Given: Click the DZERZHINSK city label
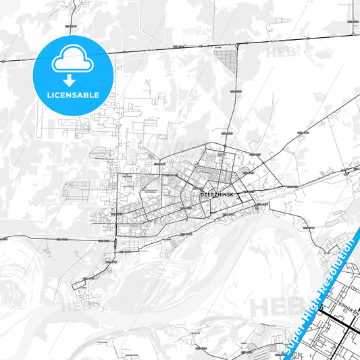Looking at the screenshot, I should pyautogui.click(x=217, y=194).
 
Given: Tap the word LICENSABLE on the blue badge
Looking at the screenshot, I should pyautogui.click(x=72, y=95).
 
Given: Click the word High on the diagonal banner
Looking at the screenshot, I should pyautogui.click(x=311, y=309).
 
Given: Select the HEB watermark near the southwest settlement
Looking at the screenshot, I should pyautogui.click(x=76, y=307).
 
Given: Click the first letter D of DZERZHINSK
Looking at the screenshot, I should pyautogui.click(x=203, y=194).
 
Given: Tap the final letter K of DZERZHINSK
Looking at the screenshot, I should pyautogui.click(x=232, y=194).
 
